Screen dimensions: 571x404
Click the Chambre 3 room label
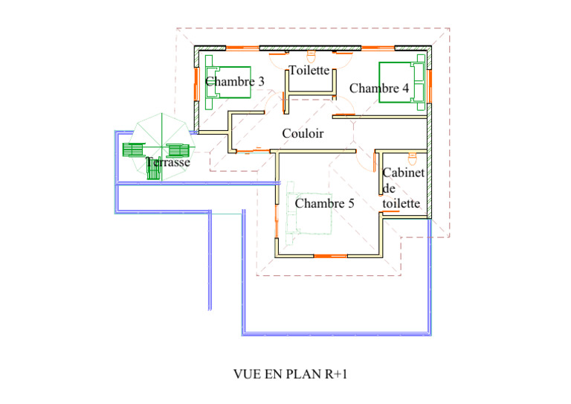click(x=235, y=81)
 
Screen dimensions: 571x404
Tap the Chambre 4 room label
click(x=379, y=88)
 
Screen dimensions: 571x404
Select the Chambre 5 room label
click(x=324, y=203)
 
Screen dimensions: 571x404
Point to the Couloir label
click(x=303, y=133)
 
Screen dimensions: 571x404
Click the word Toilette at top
click(x=309, y=70)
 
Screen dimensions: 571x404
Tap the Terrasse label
click(x=168, y=162)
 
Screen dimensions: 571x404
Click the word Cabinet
click(x=404, y=173)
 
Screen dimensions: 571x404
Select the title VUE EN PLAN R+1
click(x=290, y=374)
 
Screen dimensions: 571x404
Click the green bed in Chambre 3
click(x=228, y=83)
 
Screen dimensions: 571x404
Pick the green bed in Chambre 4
click(x=402, y=83)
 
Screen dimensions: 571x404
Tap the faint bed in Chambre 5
click(x=309, y=214)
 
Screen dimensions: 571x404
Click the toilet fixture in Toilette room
click(x=311, y=57)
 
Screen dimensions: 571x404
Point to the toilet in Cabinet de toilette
click(x=412, y=158)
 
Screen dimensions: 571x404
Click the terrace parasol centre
click(x=161, y=147)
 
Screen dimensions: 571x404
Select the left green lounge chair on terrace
click(x=134, y=150)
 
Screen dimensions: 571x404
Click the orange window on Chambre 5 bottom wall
click(x=330, y=256)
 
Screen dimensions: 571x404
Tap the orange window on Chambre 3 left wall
click(x=196, y=84)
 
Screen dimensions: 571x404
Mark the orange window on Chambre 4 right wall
click(x=430, y=86)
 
